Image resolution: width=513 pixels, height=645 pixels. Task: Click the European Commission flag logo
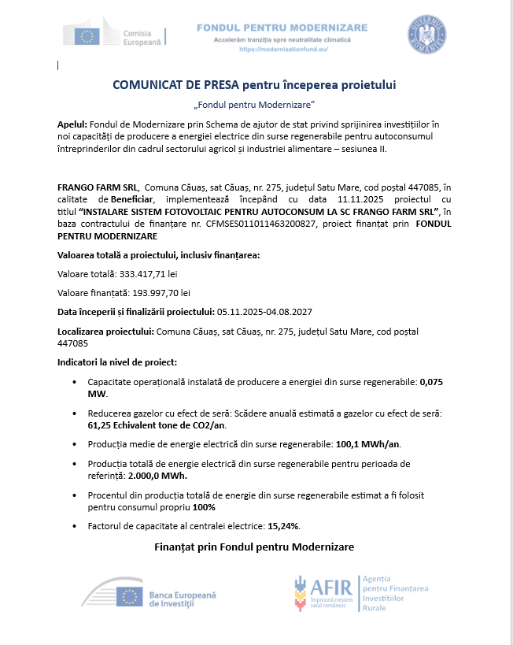[x=88, y=35]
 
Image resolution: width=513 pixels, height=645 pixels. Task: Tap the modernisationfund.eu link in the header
[x=282, y=49]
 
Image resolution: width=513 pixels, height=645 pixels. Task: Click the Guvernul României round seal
[x=428, y=35]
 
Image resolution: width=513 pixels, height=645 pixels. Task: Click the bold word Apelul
[x=73, y=124]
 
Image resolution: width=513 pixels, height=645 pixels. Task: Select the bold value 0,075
[x=432, y=381]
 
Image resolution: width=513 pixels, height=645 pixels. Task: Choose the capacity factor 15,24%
[x=284, y=525]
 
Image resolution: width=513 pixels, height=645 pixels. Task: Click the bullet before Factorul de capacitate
[x=75, y=526]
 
